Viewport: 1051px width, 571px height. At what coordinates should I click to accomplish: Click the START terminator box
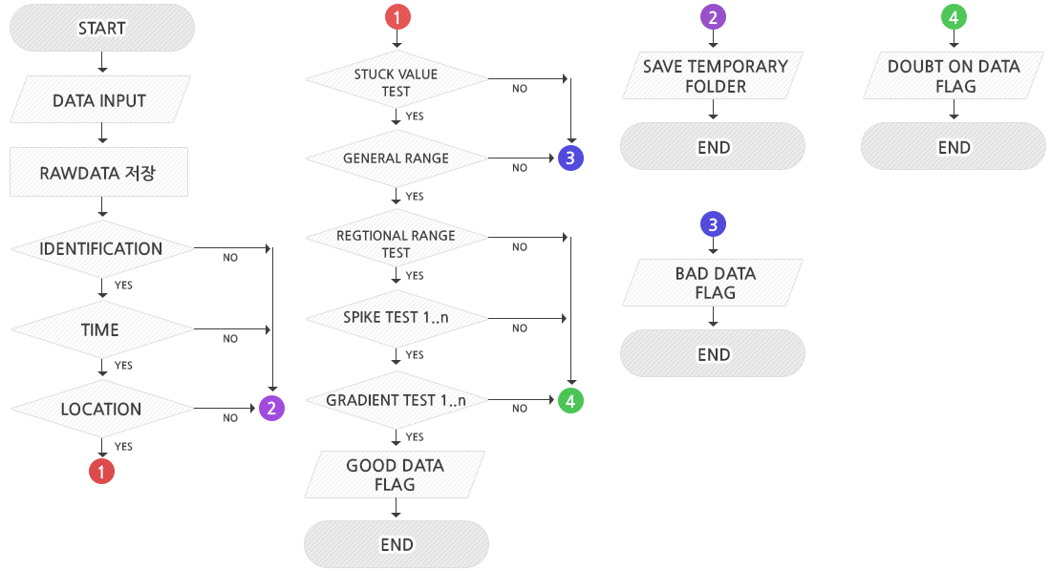pyautogui.click(x=102, y=29)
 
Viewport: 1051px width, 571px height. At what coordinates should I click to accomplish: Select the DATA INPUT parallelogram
pyautogui.click(x=99, y=100)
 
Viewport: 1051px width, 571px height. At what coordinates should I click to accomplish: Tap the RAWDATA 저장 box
pyautogui.click(x=99, y=174)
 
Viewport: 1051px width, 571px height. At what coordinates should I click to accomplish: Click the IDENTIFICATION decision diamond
pyautogui.click(x=101, y=249)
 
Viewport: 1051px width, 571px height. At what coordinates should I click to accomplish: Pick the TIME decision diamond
pyautogui.click(x=100, y=330)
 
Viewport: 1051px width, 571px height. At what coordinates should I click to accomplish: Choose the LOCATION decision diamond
pyautogui.click(x=101, y=410)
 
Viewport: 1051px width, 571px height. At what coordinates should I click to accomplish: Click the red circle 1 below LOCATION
pyautogui.click(x=101, y=471)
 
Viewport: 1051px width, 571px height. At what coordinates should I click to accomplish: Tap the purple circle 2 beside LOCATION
pyautogui.click(x=272, y=409)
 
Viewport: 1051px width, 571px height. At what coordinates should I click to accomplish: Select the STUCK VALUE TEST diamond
pyautogui.click(x=396, y=83)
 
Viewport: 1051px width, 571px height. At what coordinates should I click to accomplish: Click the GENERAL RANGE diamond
pyautogui.click(x=396, y=159)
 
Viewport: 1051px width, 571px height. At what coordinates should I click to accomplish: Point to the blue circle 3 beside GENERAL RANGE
pyautogui.click(x=570, y=159)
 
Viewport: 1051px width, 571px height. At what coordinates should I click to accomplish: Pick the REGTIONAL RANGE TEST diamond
pyautogui.click(x=396, y=243)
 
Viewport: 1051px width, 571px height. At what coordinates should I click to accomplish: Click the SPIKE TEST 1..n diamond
pyautogui.click(x=396, y=317)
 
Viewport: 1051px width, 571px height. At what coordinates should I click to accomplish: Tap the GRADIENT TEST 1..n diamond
pyautogui.click(x=396, y=400)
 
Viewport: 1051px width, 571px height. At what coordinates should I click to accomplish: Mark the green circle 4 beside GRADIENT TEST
pyautogui.click(x=570, y=401)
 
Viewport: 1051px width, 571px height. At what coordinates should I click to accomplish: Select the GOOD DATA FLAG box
pyautogui.click(x=395, y=475)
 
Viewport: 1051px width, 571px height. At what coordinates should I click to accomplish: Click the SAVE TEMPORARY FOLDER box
pyautogui.click(x=714, y=76)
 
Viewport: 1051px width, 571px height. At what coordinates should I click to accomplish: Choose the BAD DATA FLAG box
pyautogui.click(x=714, y=283)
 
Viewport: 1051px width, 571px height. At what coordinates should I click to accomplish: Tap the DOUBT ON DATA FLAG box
pyautogui.click(x=954, y=76)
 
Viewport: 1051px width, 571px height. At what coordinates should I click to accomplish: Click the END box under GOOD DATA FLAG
pyautogui.click(x=397, y=544)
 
